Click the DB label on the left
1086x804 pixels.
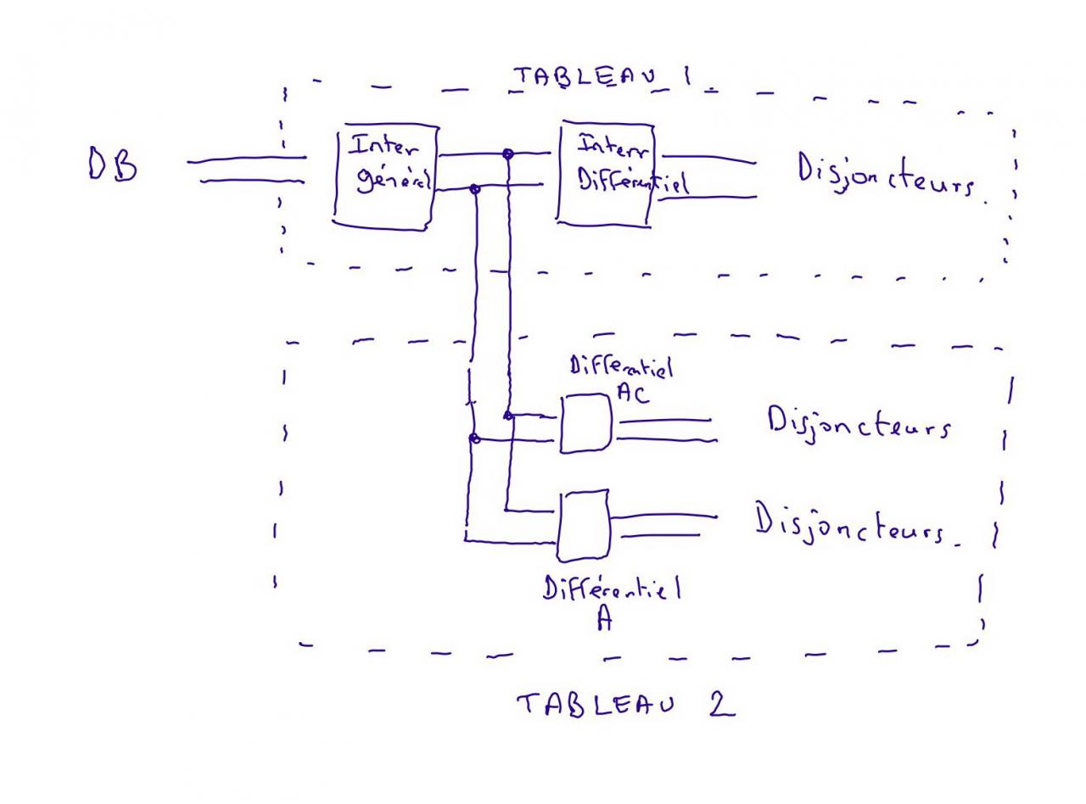pos(113,165)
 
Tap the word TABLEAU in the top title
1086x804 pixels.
pos(586,77)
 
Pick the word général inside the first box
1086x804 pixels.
pos(393,181)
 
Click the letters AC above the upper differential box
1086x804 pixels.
pos(632,394)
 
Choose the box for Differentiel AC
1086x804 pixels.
pos(585,424)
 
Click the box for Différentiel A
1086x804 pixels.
pos(584,526)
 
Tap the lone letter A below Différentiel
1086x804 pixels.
pos(603,619)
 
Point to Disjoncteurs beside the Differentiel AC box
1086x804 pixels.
pos(858,422)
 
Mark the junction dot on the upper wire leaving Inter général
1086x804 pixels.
pos(508,154)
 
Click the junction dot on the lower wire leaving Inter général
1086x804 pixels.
pos(475,189)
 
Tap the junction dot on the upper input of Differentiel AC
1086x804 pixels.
pos(507,415)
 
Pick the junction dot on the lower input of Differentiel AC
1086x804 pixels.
pos(475,438)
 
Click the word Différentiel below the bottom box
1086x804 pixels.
pos(611,587)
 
